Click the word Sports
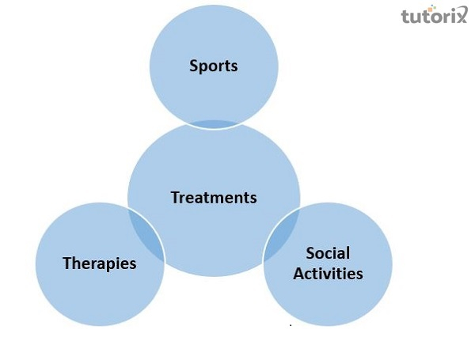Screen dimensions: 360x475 point(214,66)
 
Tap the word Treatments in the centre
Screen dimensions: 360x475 point(214,197)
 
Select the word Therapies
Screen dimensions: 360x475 point(100,263)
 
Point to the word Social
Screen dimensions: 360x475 point(328,254)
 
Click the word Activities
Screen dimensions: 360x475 point(328,274)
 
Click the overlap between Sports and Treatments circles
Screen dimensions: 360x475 point(214,125)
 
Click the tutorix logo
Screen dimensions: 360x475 point(434,16)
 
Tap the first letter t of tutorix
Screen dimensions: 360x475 point(405,17)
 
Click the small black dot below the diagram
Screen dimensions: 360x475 point(291,325)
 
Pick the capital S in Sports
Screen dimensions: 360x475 point(193,66)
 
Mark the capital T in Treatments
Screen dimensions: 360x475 point(175,197)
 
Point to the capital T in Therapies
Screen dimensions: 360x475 point(67,263)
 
